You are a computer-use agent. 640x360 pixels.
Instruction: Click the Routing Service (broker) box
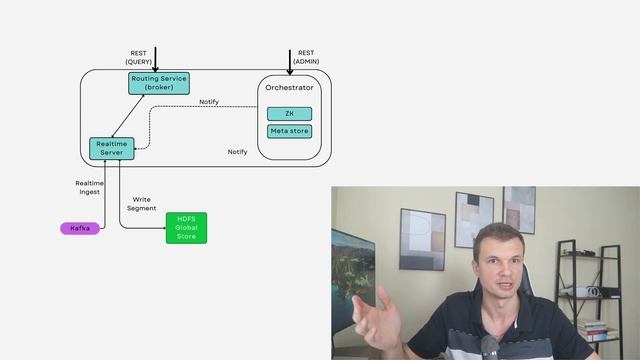(x=159, y=83)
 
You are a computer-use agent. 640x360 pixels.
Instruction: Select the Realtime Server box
(x=111, y=148)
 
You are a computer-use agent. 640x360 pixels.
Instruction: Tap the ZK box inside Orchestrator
(x=289, y=113)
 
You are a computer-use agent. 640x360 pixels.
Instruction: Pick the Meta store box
(x=289, y=131)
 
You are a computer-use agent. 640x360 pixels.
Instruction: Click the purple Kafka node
(x=80, y=228)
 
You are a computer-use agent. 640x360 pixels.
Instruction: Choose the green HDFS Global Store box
(x=186, y=227)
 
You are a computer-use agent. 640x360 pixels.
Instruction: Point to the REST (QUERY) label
(x=139, y=57)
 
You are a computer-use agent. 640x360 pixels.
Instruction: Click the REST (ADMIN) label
(x=306, y=57)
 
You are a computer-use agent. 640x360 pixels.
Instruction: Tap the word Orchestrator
(x=289, y=88)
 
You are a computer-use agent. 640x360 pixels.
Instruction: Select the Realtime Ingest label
(x=89, y=188)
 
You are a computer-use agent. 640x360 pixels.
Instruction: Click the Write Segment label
(x=141, y=204)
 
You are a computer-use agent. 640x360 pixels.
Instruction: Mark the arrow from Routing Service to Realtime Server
(x=128, y=116)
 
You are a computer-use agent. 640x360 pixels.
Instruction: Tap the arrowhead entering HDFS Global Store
(x=162, y=228)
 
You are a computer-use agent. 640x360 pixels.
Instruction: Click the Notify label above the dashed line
(x=209, y=101)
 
